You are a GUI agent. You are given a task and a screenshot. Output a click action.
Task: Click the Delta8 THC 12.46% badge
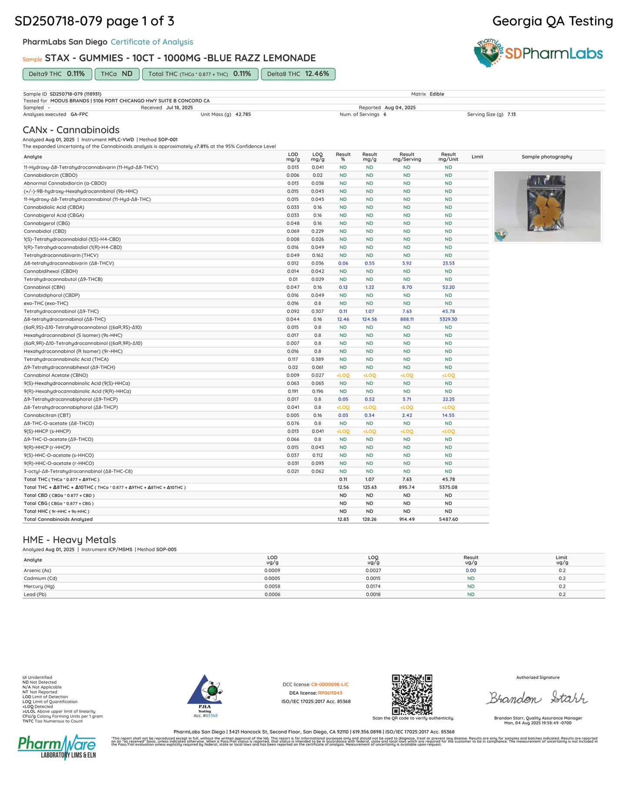click(x=298, y=74)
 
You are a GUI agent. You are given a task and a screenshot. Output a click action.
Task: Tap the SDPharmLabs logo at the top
click(x=538, y=53)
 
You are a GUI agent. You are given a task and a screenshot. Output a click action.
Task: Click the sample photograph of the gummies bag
click(x=547, y=206)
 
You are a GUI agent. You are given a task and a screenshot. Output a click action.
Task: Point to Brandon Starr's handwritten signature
click(x=537, y=698)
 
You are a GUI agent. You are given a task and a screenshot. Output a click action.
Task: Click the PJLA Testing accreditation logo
click(x=205, y=692)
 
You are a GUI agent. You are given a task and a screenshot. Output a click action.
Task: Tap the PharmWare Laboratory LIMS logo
click(x=57, y=746)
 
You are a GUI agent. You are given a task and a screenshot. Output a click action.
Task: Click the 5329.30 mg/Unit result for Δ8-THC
click(x=448, y=319)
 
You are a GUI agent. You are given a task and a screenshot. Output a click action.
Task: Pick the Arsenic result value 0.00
click(x=471, y=571)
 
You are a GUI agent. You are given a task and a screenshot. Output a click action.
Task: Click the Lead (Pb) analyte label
click(x=35, y=594)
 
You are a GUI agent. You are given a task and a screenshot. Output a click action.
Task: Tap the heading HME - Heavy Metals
click(x=69, y=540)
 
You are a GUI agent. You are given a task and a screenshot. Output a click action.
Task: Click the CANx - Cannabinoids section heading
click(x=71, y=130)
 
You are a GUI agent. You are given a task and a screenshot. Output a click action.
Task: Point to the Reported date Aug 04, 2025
click(x=400, y=108)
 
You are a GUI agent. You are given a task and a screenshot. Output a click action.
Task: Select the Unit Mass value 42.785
click(x=243, y=115)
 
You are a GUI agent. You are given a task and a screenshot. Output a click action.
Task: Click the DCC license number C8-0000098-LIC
click(x=329, y=685)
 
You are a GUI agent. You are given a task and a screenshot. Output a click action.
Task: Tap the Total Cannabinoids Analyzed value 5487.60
click(x=448, y=519)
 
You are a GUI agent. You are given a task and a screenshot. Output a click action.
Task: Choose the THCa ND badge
click(x=116, y=74)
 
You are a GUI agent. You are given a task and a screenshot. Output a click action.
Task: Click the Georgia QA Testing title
click(x=552, y=21)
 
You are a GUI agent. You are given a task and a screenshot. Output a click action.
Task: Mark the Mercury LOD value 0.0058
click(x=272, y=587)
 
